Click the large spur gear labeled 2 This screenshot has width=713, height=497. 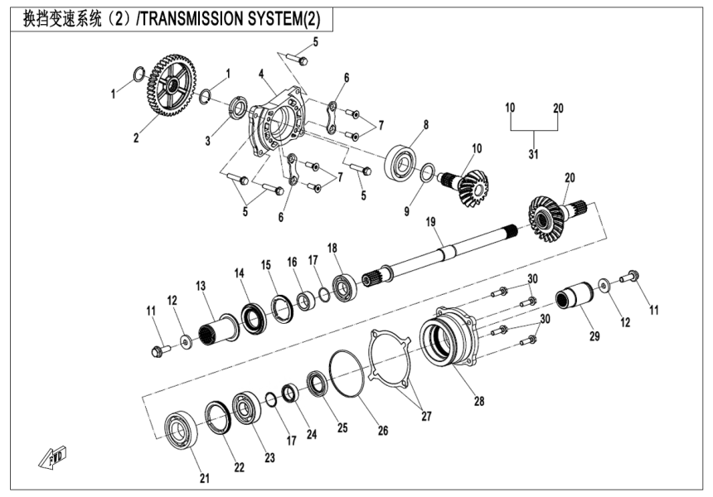[x=172, y=86]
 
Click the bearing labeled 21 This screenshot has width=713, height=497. [x=179, y=431]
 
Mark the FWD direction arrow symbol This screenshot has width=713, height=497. [x=51, y=456]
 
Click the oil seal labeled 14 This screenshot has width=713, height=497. [x=253, y=316]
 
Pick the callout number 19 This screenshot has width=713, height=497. [x=430, y=221]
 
